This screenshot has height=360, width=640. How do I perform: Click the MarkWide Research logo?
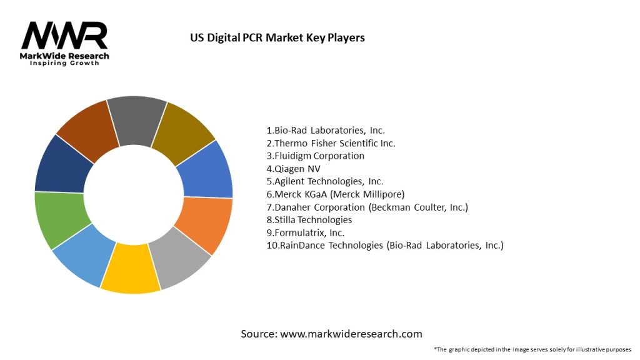(65, 43)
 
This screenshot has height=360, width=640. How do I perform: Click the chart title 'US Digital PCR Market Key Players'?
(277, 37)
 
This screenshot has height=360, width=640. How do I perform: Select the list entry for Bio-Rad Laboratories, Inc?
(326, 131)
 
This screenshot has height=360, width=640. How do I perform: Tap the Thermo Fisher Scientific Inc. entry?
(331, 143)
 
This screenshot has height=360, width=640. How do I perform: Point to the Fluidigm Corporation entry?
(315, 156)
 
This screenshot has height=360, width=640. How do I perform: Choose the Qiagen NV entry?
(293, 169)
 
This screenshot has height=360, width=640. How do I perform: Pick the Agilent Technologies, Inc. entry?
(325, 181)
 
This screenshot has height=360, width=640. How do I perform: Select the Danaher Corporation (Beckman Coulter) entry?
(367, 207)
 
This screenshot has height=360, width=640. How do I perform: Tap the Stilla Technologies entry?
(309, 220)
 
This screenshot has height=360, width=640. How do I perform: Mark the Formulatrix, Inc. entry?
(305, 232)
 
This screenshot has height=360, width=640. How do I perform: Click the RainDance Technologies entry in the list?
(384, 246)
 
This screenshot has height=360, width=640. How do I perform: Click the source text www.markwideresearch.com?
(331, 334)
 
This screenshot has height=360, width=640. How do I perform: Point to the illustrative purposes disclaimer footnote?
(532, 349)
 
